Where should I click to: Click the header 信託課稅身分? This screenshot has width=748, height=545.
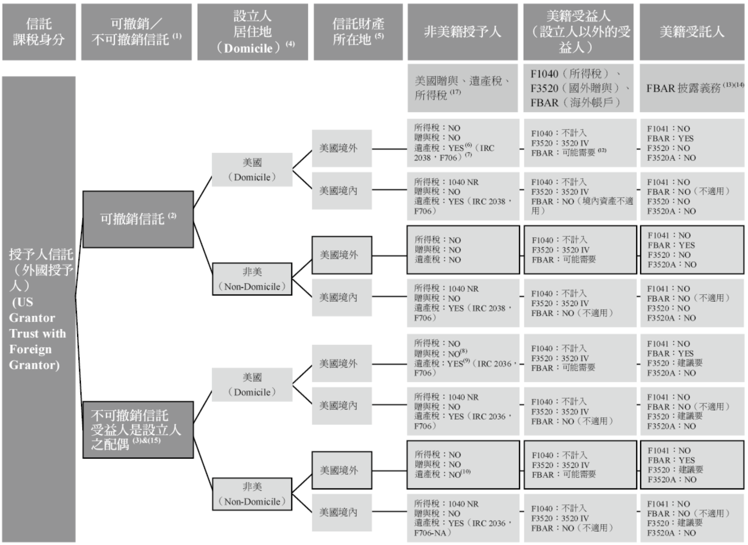coord(38,32)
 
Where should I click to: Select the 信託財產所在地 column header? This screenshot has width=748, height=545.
coord(358,32)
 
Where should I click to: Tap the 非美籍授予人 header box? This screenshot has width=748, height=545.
coord(462,32)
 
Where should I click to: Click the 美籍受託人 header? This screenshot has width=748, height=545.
coord(692,32)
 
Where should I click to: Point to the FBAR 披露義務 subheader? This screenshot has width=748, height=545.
coord(692,88)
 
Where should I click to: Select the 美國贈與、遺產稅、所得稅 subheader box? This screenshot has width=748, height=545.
coord(462,87)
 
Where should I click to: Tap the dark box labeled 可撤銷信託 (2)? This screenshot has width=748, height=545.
coord(138,219)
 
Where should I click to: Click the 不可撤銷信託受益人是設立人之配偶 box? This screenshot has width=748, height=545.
coord(138,429)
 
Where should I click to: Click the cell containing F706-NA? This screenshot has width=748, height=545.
coord(463,518)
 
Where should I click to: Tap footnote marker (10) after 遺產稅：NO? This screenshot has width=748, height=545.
coord(466,472)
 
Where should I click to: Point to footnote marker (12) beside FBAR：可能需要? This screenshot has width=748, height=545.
coord(602,151)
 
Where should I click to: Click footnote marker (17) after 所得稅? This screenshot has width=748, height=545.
coord(456,92)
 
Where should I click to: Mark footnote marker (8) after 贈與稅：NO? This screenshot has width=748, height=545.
coord(464,351)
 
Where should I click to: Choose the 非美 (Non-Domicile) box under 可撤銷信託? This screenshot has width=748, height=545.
coord(252,279)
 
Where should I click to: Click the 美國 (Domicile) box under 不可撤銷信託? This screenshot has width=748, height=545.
coord(252,385)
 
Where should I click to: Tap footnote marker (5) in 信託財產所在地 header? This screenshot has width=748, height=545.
coord(379,36)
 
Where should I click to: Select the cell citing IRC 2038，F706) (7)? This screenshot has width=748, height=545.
coord(463,143)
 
